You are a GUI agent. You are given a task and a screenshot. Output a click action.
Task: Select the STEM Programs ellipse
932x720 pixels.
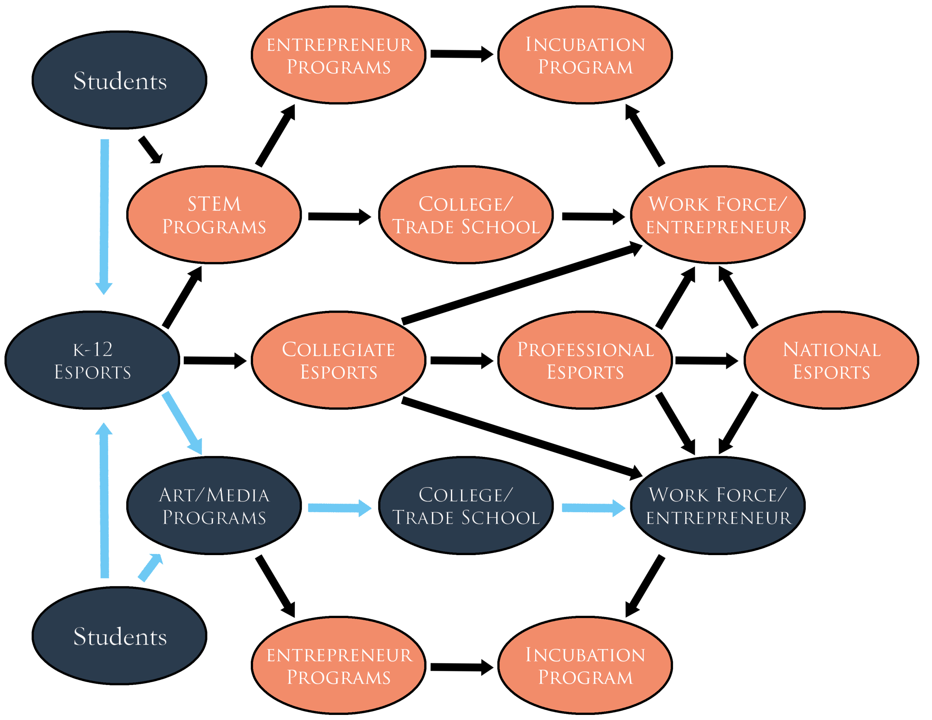[x=214, y=215]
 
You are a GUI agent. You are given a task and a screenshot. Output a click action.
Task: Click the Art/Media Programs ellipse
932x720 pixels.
[x=214, y=505]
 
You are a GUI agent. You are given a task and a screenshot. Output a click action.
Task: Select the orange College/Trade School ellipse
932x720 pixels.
[x=466, y=215]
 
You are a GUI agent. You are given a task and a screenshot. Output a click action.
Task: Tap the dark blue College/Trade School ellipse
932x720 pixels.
[x=466, y=505]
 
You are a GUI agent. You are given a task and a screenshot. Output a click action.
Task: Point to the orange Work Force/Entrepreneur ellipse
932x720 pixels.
[x=718, y=215]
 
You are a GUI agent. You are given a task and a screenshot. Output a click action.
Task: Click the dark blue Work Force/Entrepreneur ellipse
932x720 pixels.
[x=718, y=505]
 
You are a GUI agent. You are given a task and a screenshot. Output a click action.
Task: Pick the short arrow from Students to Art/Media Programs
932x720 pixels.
[x=150, y=567]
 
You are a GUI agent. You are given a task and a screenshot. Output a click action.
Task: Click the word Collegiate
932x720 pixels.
[x=339, y=349]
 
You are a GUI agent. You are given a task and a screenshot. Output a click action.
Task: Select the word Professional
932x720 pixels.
[x=585, y=349]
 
